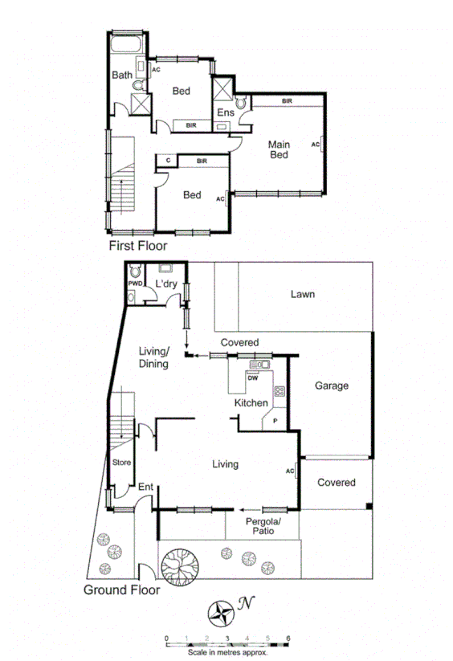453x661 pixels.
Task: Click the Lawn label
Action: (x=303, y=294)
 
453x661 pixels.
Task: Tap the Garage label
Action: (x=331, y=386)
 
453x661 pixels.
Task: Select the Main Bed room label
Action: (x=279, y=149)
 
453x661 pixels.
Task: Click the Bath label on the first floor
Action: (x=121, y=75)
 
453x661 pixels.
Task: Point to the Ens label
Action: (x=226, y=112)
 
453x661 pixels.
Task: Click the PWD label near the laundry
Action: (x=133, y=284)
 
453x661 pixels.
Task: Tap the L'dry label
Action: (x=166, y=284)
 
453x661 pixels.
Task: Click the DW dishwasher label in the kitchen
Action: (x=252, y=378)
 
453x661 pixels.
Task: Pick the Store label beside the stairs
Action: (x=121, y=462)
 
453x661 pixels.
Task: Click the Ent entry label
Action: (x=145, y=488)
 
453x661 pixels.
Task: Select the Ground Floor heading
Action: (x=121, y=590)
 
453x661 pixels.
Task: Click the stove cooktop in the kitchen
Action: (x=280, y=392)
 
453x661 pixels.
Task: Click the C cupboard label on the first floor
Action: (x=167, y=161)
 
